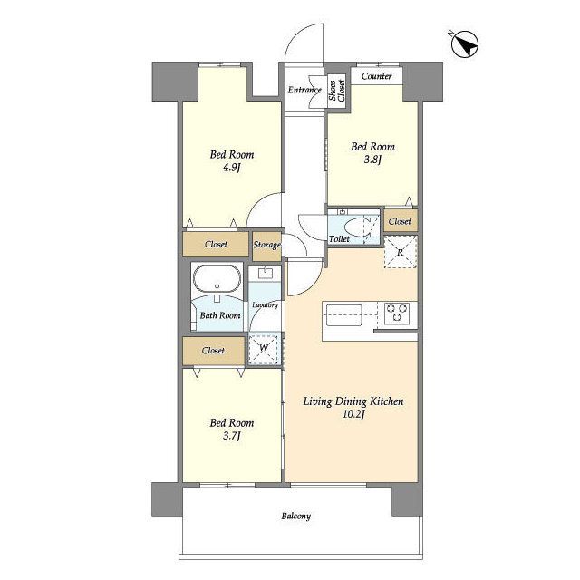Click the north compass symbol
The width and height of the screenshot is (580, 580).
(465, 44)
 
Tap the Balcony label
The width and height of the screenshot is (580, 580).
(296, 516)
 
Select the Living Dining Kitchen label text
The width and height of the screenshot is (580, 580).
(353, 401)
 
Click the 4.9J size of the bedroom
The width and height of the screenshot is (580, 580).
(232, 168)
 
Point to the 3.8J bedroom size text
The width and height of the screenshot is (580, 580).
(372, 159)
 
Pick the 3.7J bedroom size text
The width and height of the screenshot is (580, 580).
(232, 436)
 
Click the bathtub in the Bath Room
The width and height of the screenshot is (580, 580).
(217, 278)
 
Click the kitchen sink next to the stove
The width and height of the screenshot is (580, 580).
(343, 315)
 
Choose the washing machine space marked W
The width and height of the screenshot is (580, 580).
(264, 349)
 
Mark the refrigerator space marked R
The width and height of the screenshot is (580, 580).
(401, 252)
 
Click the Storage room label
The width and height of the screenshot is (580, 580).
(267, 245)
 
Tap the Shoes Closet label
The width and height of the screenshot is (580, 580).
(336, 90)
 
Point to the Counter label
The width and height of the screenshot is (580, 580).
(377, 76)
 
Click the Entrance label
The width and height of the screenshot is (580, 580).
(304, 90)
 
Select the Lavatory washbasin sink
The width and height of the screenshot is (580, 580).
(266, 274)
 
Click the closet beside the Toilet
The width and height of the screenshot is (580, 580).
(401, 221)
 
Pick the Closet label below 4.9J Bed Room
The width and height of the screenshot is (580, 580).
(216, 245)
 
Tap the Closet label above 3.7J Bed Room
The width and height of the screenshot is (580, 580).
(213, 351)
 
